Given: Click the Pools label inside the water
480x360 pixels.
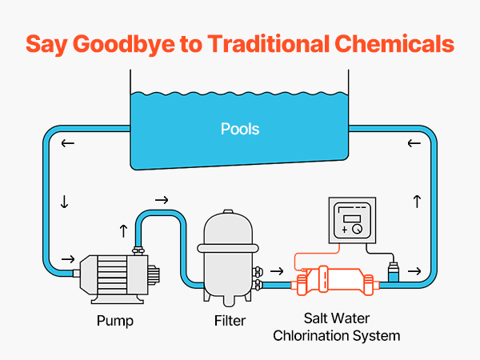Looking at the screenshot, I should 240,129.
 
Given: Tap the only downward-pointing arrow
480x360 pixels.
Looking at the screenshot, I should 64,203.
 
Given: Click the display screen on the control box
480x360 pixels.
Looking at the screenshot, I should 351,218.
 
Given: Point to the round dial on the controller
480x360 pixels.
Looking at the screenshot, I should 356,230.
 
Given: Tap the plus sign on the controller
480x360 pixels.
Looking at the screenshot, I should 344,230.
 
